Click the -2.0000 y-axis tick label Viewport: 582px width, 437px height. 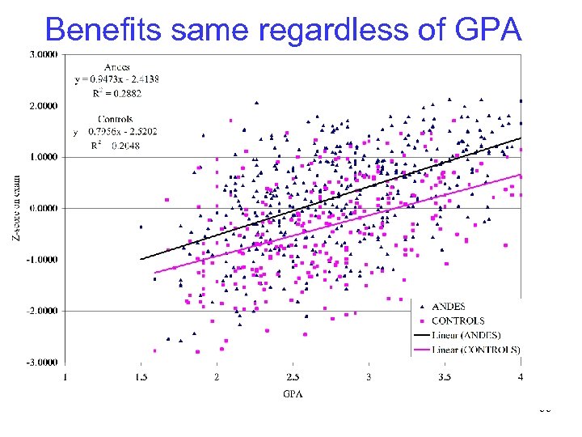[40, 311]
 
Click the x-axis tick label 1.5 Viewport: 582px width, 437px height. [141, 377]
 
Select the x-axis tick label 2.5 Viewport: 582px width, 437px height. [293, 377]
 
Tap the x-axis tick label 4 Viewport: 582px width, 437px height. [521, 377]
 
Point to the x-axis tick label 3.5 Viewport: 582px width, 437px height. [445, 377]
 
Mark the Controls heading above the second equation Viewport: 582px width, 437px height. [114, 119]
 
